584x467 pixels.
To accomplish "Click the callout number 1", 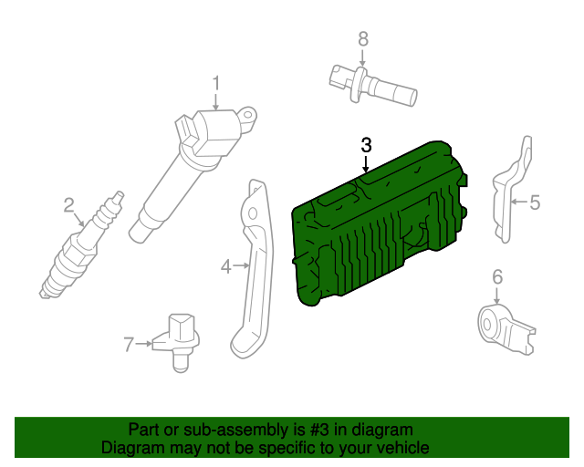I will coord(216,84).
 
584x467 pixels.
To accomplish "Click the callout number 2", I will coord(68,205).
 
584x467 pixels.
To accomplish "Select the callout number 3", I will coord(366,144).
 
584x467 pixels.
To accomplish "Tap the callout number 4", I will coord(226,266).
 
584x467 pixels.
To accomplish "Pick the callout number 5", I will coord(535,202).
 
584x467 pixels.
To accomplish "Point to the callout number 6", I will coord(497,277).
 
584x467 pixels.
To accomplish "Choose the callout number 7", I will coord(129,344).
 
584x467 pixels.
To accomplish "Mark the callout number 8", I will coord(362,38).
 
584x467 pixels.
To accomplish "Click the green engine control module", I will coord(374,228).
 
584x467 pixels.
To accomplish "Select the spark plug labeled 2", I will coord(78,255).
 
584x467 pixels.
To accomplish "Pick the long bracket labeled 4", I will coord(254,274).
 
